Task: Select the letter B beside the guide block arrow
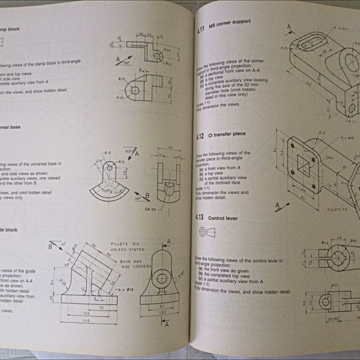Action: (x=50, y=246)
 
